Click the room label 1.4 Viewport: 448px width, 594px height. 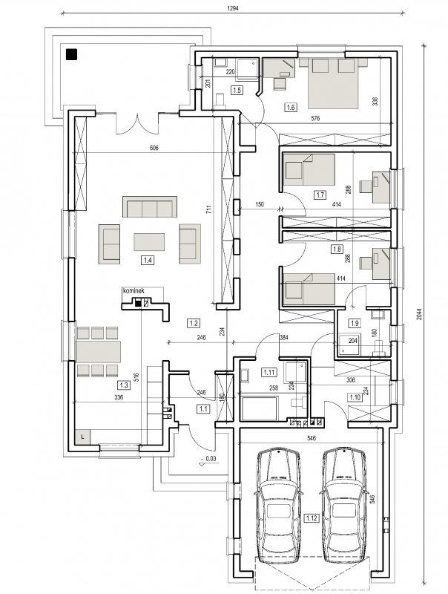[148, 261]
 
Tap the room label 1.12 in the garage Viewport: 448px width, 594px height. [311, 518]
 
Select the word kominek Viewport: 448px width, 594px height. [134, 290]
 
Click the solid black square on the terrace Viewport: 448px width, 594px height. [71, 54]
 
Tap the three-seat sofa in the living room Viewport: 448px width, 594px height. [150, 206]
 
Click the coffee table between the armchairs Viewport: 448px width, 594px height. [149, 242]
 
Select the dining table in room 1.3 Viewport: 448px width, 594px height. [99, 351]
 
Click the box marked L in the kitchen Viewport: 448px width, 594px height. [83, 437]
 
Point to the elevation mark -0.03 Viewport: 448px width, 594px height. [209, 459]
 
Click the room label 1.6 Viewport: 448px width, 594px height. [291, 107]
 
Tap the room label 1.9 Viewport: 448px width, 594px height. [355, 323]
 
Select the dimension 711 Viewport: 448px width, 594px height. [209, 210]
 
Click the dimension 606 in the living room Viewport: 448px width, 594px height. [154, 148]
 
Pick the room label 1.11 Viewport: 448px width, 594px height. [269, 372]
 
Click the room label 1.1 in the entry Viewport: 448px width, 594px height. [202, 409]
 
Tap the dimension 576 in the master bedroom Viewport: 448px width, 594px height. [315, 118]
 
